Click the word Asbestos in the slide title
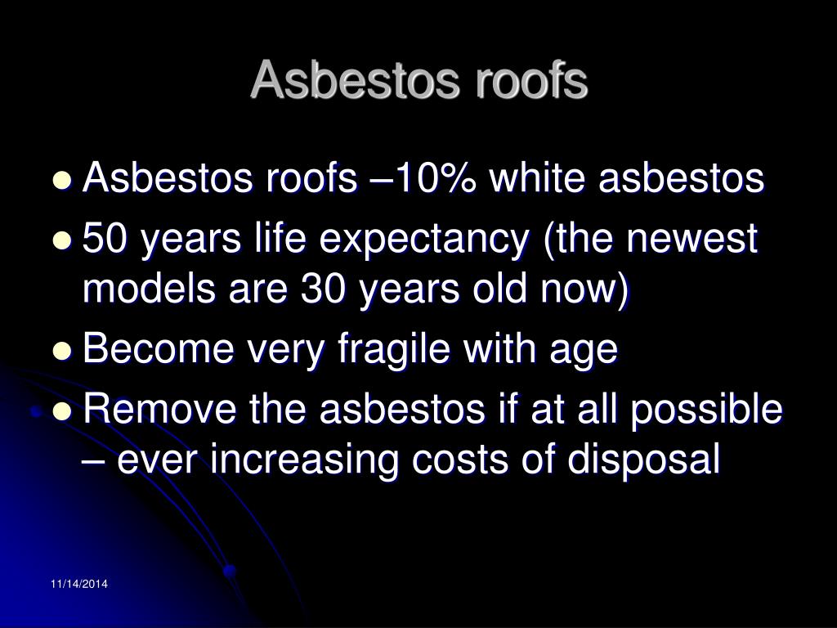355,79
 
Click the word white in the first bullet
538,177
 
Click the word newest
692,239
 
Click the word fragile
394,350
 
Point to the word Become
159,348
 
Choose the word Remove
159,409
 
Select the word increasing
304,461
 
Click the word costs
459,460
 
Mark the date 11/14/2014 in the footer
79,584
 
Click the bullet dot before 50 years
62,241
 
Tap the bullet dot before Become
62,351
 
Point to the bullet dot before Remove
62,411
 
